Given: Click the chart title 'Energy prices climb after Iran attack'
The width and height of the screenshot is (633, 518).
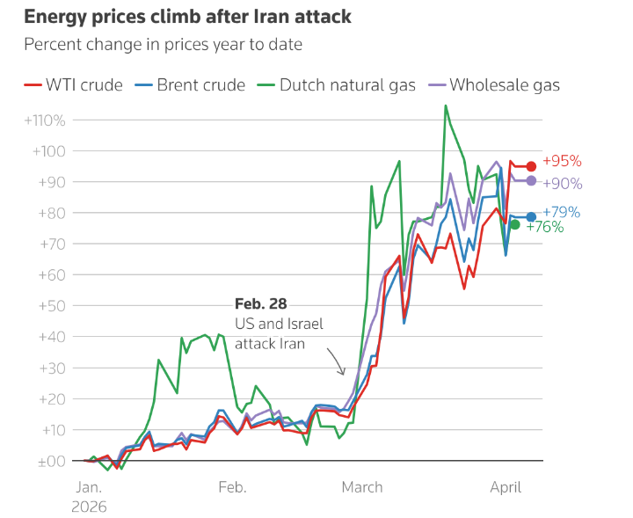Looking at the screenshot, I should [x=176, y=17].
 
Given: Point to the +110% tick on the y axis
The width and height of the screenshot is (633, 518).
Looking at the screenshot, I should [x=43, y=120].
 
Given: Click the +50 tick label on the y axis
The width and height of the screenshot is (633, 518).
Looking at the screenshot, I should [x=49, y=306].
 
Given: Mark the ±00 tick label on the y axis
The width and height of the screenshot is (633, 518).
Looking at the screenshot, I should [x=49, y=461].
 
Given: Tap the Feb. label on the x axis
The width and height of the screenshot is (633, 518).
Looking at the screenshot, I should [x=231, y=487].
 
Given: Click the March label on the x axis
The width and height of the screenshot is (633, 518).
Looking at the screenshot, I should [x=361, y=487].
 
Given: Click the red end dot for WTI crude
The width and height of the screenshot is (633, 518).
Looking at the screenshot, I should [x=531, y=166].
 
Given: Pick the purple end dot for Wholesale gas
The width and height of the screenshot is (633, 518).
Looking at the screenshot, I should [x=531, y=180].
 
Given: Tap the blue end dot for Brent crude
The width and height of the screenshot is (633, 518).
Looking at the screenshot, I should [x=531, y=217].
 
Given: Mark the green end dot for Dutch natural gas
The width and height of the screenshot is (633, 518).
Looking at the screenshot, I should [x=515, y=225].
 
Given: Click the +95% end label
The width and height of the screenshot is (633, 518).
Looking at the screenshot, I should [x=562, y=162].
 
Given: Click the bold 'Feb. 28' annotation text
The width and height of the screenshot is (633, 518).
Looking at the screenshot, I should [x=260, y=303].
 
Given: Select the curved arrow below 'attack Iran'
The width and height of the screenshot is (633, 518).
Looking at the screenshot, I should [x=336, y=361].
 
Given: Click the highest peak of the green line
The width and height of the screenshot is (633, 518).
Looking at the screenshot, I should [x=446, y=106].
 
